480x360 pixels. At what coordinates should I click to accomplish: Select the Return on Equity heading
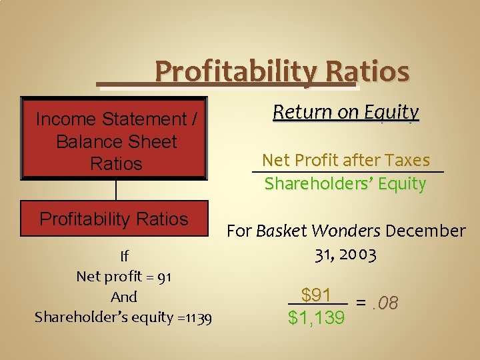tap(346, 112)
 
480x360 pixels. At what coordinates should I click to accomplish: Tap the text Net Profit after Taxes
tap(346, 160)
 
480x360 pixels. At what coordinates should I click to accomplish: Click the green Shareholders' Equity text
tap(345, 183)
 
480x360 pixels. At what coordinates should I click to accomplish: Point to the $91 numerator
tap(316, 295)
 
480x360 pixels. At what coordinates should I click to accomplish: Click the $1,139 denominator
tap(317, 318)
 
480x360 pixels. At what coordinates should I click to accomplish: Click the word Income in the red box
tap(65, 119)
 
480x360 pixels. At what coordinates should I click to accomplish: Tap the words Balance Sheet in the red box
tap(117, 141)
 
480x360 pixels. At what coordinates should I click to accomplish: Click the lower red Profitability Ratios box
tap(114, 219)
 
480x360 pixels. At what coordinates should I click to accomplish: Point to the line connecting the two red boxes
tap(116, 189)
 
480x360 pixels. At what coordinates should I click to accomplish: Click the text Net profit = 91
tap(124, 276)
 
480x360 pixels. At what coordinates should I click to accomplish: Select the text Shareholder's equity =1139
tap(123, 317)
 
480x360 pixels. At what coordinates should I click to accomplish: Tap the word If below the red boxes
tap(124, 256)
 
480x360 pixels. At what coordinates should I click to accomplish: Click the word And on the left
tap(124, 297)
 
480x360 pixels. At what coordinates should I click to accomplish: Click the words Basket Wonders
tap(319, 231)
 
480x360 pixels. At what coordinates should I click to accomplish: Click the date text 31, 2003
tap(345, 255)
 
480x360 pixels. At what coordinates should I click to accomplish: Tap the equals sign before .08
tap(361, 304)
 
